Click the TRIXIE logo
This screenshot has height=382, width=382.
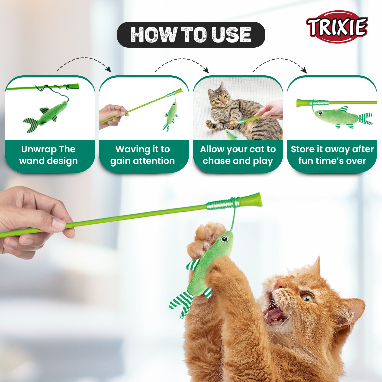point(337,27)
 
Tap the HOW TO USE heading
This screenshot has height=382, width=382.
point(191,35)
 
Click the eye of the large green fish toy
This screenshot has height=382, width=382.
point(224,239)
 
